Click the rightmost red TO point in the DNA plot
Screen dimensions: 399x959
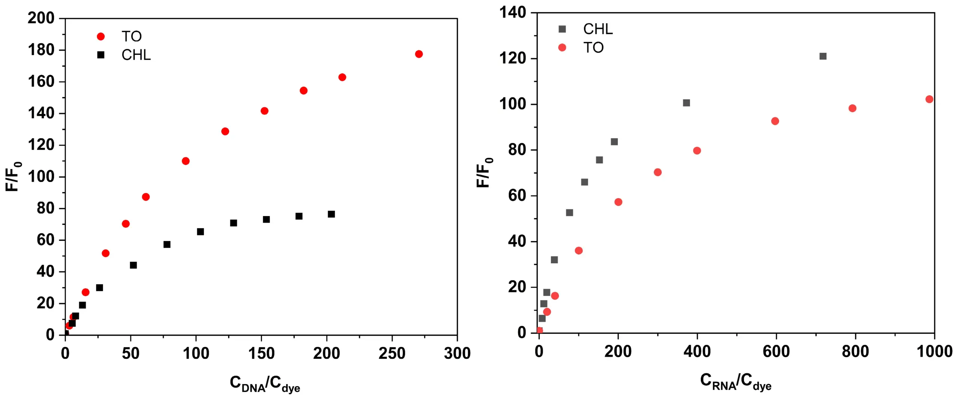(419, 54)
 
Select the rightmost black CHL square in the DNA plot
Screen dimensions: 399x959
(331, 214)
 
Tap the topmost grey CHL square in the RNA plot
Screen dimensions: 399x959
(823, 56)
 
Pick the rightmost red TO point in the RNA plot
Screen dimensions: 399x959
(929, 99)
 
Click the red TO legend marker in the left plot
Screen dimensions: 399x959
(101, 36)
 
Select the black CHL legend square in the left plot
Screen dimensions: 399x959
(101, 55)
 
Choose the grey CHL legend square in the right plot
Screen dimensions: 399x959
(562, 29)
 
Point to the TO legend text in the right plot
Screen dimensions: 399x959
(593, 48)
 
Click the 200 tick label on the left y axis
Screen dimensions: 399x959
(41, 18)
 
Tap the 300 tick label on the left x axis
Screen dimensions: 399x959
(457, 353)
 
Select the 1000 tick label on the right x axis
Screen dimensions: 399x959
(934, 351)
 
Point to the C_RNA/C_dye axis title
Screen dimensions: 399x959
(736, 382)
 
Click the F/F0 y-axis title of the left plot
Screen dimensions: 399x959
(13, 177)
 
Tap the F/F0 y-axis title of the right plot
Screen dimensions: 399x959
(484, 172)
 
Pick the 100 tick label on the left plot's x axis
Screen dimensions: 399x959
(196, 353)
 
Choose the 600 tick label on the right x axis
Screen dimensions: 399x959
(776, 351)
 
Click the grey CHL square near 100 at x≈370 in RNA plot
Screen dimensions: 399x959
(686, 103)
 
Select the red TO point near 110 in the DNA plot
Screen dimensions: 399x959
(185, 161)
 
